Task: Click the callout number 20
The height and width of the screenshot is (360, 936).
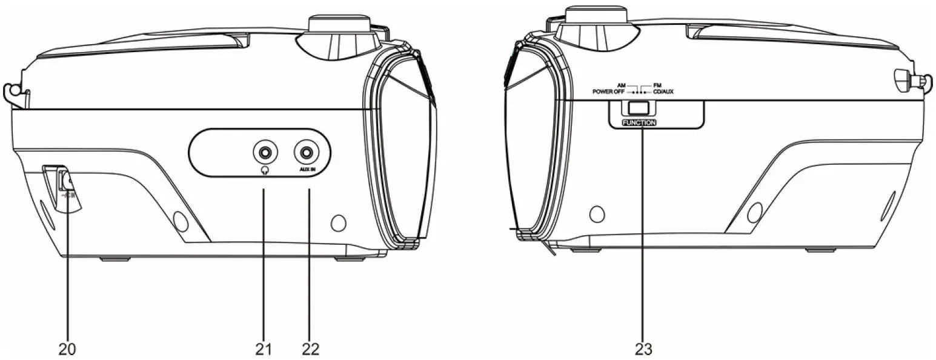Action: coord(67,349)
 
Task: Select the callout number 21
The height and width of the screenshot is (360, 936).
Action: coord(264,349)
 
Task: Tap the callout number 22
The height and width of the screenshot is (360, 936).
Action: coord(310,349)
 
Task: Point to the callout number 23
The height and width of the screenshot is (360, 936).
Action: coord(643,349)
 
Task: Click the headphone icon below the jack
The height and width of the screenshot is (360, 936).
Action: coord(265,171)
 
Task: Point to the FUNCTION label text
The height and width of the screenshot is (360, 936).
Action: coord(639,122)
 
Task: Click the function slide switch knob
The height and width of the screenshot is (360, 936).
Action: coord(639,108)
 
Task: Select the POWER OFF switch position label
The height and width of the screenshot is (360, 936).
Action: coord(608,92)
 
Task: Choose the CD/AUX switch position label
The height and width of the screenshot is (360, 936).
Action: coord(663,92)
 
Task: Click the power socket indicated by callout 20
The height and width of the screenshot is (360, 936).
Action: coord(65,181)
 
